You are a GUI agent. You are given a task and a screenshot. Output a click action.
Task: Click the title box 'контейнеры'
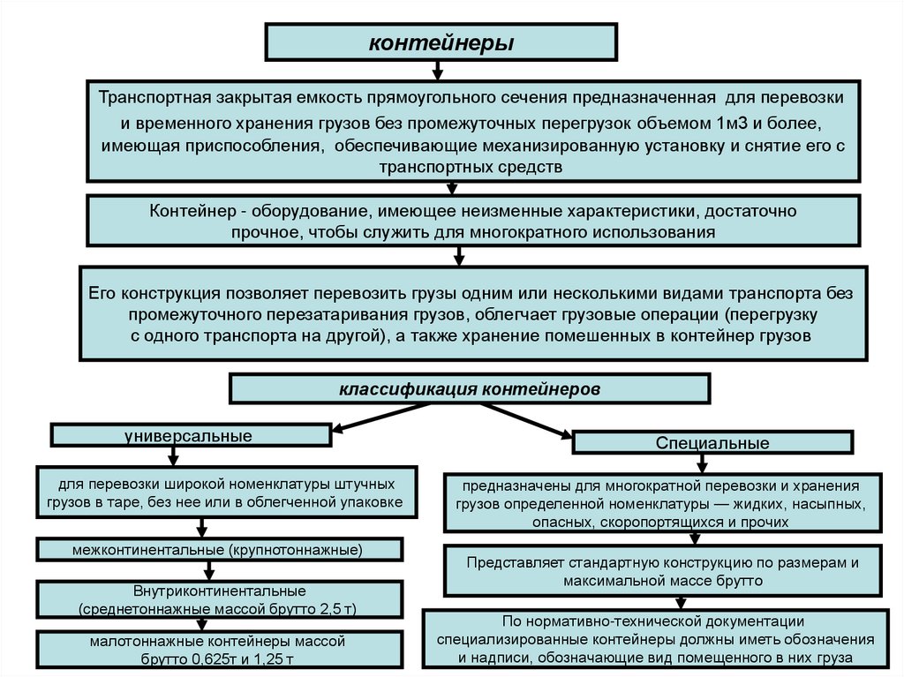[441, 42]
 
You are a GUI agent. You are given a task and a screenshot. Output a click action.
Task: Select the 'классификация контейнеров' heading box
[469, 387]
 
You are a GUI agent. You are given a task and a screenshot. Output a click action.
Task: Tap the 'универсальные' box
[189, 436]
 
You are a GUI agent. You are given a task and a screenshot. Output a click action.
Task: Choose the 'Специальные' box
[712, 443]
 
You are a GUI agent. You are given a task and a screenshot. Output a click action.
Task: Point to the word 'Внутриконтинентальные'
[207, 590]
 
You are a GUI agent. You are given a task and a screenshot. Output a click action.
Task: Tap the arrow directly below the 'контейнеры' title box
[437, 71]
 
